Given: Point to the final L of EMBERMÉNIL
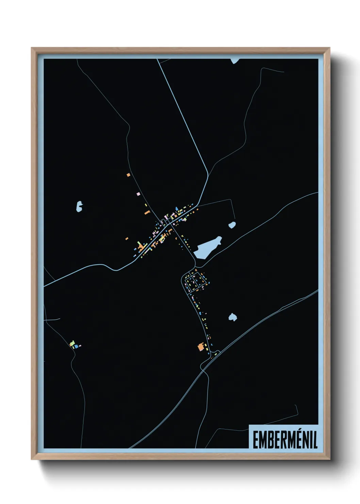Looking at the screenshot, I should [x=315, y=440].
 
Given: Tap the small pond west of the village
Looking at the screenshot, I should [x=79, y=206].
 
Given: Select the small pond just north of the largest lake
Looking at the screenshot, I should [x=232, y=225].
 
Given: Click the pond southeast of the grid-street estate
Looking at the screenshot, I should [x=232, y=317].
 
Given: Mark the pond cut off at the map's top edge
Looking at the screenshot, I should [x=234, y=61].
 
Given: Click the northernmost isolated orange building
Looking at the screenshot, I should [x=128, y=175].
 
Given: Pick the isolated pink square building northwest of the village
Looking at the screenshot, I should [x=138, y=194].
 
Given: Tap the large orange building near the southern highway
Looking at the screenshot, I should [x=201, y=347].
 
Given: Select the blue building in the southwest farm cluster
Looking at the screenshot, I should [x=77, y=346].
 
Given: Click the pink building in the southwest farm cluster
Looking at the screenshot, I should [x=80, y=346].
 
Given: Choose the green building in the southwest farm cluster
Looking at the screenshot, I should [x=72, y=343].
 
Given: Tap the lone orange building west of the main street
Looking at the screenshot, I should [x=127, y=238].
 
